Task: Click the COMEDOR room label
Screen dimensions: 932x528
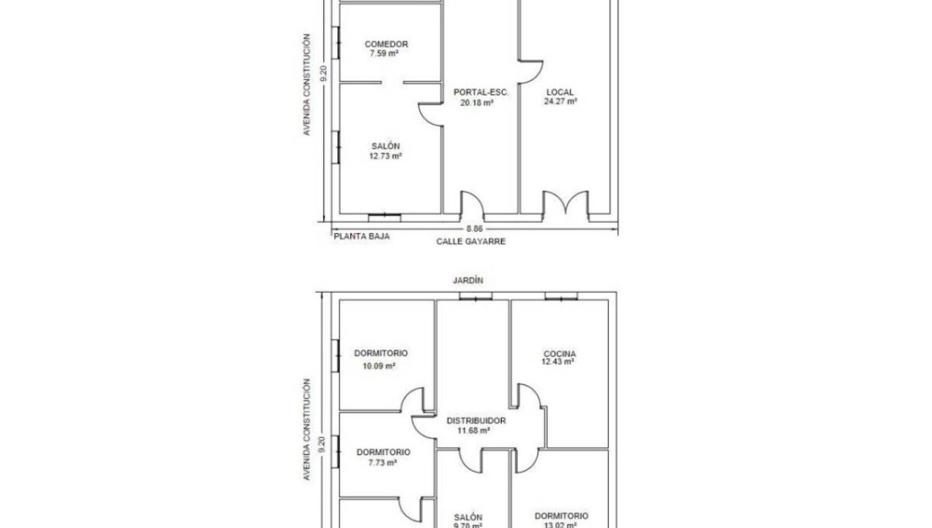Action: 386,44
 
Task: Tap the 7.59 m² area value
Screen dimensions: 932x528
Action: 384,54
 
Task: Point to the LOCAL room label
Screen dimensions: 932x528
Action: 560,92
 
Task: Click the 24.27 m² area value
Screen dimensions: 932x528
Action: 561,102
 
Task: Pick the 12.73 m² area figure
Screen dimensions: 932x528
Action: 385,156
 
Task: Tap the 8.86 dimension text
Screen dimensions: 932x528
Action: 475,229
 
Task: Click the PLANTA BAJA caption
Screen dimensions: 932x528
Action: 362,236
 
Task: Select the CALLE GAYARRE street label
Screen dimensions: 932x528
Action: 471,241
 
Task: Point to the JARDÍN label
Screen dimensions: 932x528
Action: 468,280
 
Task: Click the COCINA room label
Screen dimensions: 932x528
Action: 560,353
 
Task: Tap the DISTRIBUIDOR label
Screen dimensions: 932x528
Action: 476,421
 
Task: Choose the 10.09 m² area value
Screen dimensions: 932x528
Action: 379,366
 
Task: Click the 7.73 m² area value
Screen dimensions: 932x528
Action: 382,463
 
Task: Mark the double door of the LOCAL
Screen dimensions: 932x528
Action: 565,205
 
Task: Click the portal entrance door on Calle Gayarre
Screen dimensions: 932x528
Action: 472,205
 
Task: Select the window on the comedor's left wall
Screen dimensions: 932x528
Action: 336,43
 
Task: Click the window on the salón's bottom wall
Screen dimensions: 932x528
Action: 384,217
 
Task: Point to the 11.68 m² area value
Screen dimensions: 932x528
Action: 474,431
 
